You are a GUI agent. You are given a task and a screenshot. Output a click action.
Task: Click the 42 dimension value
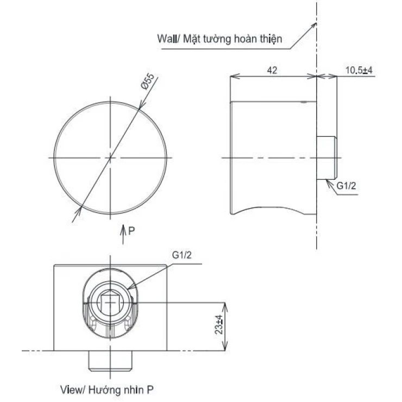coord(273,70)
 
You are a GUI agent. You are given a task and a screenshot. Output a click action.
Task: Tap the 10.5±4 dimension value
coord(358,70)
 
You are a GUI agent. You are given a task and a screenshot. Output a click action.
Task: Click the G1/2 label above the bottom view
coord(182,255)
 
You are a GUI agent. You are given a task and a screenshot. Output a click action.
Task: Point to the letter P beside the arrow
coord(131,231)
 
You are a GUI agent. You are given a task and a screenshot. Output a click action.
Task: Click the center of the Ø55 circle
coord(111,157)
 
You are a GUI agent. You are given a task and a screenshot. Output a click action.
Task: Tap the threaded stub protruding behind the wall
coord(326,157)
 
